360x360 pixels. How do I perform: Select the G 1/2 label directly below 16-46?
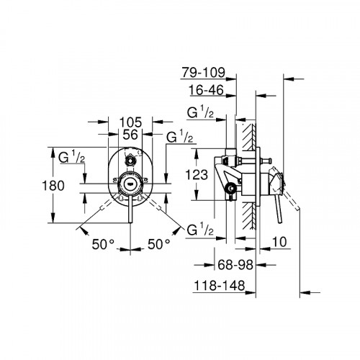tap(200, 114)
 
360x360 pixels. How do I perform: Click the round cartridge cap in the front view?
tap(129, 182)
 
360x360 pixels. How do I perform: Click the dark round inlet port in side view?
tap(230, 190)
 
